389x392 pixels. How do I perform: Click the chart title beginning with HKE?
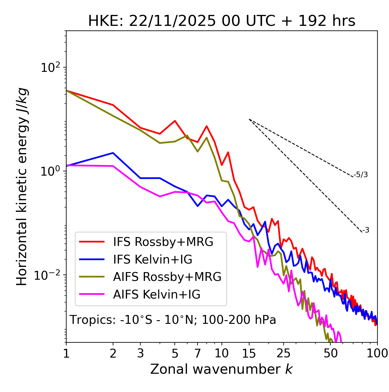point(222,21)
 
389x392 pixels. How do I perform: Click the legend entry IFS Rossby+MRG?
point(163,242)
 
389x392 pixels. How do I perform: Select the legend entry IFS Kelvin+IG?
point(153,260)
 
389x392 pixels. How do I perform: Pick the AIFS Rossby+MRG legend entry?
point(167,277)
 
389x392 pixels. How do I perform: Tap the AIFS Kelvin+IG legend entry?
point(157,295)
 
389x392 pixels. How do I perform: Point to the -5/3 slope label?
point(361,175)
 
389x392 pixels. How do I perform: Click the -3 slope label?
point(366,230)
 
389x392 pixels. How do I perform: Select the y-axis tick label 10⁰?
point(50,171)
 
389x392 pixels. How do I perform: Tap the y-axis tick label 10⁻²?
point(49,275)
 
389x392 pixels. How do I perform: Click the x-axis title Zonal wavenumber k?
point(222,369)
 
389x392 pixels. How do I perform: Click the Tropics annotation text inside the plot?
point(173,320)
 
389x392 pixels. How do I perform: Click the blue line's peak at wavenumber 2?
point(113,153)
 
